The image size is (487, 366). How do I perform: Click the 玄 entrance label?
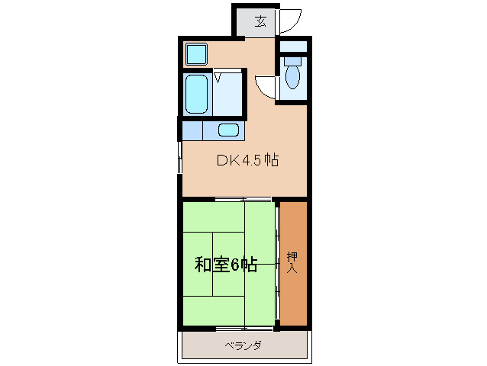pos(260,21)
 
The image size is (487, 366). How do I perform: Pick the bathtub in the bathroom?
pos(198,93)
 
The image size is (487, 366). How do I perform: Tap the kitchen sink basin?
pos(228,130)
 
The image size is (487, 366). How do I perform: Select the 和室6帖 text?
pos(225,265)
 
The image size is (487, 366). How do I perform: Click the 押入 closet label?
pos(292,262)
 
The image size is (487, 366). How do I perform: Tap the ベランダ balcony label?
pos(243,345)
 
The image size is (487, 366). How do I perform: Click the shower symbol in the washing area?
pos(218,76)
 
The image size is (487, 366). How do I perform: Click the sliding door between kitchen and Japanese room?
pos(244,200)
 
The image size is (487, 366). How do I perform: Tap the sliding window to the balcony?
pos(244,329)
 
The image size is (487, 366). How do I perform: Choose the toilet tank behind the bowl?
pos(292,60)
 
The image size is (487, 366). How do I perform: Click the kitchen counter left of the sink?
pos(192,130)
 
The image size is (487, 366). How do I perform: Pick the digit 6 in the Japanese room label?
pos(236,265)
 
